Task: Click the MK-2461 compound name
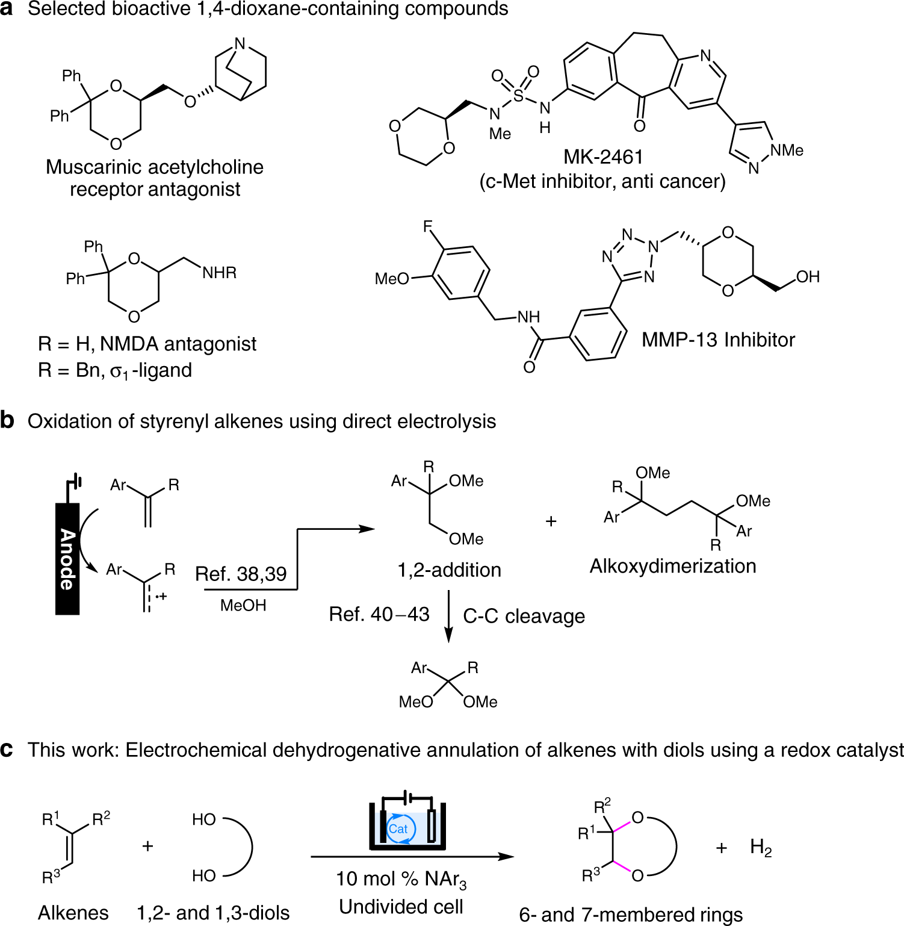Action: tap(603, 157)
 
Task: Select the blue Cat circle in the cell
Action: tap(398, 829)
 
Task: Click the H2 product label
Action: tap(761, 848)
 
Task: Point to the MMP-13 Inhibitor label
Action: tap(718, 340)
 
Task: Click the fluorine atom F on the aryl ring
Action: tap(428, 227)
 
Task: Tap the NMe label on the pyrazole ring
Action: tap(787, 150)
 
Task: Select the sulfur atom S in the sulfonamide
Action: tap(518, 95)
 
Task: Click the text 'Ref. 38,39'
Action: tap(241, 574)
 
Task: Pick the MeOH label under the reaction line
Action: tap(243, 605)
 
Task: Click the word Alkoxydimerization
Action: tap(673, 566)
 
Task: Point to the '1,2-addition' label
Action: tap(449, 570)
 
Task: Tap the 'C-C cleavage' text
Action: tap(524, 616)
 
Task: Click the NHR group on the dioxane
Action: tap(219, 273)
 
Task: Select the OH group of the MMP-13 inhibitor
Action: tap(808, 276)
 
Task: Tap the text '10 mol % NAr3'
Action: tap(401, 879)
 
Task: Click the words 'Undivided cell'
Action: tap(401, 906)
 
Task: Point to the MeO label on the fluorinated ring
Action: tap(391, 279)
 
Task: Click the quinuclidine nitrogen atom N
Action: tap(240, 43)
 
